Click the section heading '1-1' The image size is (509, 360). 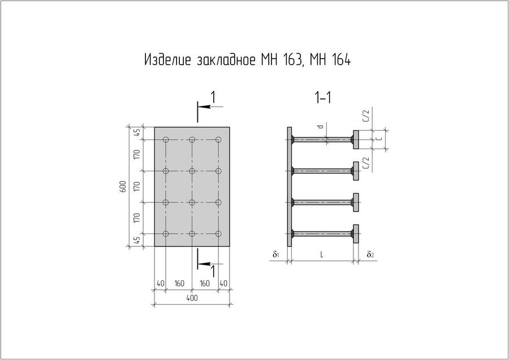pyautogui.click(x=323, y=98)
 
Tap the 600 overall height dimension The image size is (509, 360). pyautogui.click(x=123, y=187)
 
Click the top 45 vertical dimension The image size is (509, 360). pyautogui.click(x=136, y=133)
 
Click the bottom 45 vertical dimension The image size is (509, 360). pyautogui.click(x=136, y=240)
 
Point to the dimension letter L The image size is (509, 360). pyautogui.click(x=321, y=255)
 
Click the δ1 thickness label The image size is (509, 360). pyautogui.click(x=275, y=255)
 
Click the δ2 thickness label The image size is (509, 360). pyautogui.click(x=370, y=255)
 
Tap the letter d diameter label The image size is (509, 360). pyautogui.click(x=320, y=128)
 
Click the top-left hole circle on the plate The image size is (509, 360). pyautogui.click(x=166, y=140)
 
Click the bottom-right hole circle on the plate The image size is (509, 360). pyautogui.click(x=219, y=233)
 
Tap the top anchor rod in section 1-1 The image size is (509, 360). pyautogui.click(x=322, y=139)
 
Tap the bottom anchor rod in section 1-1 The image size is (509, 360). pyautogui.click(x=322, y=233)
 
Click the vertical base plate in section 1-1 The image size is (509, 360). pyautogui.click(x=290, y=186)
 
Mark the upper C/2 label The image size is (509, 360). pyautogui.click(x=366, y=118)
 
